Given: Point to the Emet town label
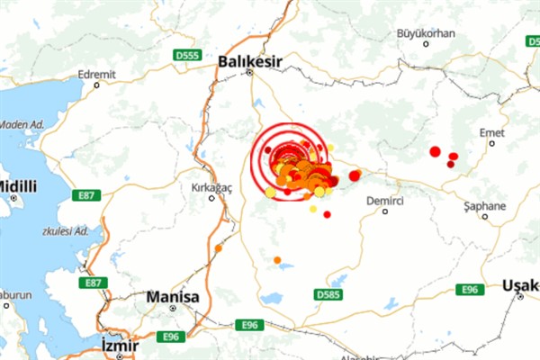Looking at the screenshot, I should pyautogui.click(x=490, y=131).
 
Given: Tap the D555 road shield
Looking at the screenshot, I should pyautogui.click(x=187, y=56).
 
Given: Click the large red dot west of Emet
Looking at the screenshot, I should pyautogui.click(x=435, y=151).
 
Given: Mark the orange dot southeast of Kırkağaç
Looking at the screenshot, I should pyautogui.click(x=219, y=247).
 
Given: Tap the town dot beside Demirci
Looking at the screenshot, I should pyautogui.click(x=385, y=211).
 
